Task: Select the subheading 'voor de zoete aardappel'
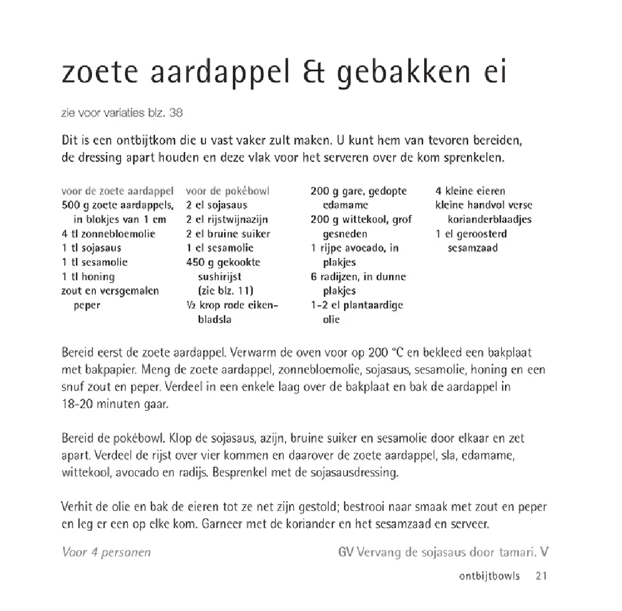point(118,191)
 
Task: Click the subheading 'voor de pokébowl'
point(228,191)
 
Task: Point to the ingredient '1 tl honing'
point(88,277)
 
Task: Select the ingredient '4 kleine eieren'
point(470,191)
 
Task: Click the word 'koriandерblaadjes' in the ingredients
point(490,220)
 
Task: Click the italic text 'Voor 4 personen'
point(106,553)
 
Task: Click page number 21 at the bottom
point(541,577)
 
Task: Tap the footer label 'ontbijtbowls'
point(489,577)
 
